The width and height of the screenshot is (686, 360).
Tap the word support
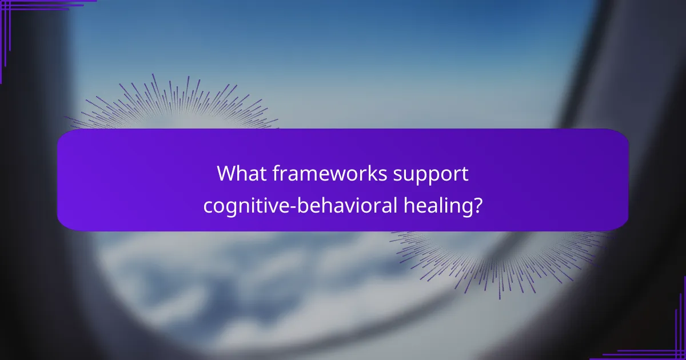(x=428, y=174)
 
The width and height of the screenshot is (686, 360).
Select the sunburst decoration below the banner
(x=497, y=257)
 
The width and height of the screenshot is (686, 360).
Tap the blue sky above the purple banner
(x=343, y=57)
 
